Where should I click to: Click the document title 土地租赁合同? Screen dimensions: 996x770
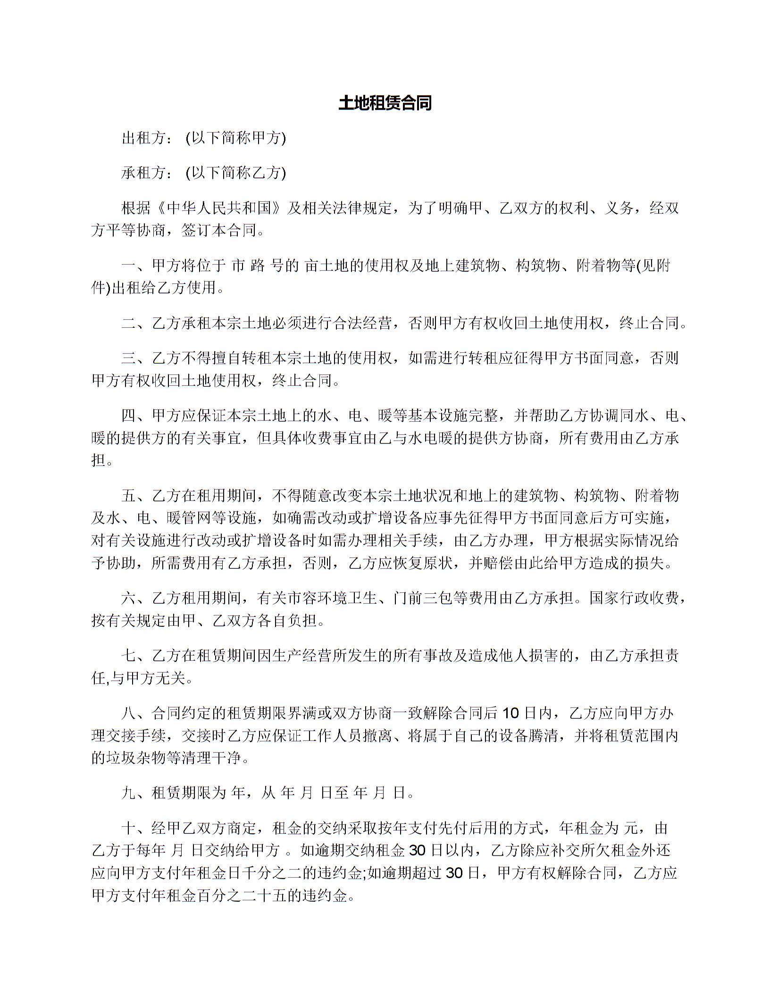[x=385, y=103]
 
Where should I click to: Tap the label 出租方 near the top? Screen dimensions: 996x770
[x=143, y=138]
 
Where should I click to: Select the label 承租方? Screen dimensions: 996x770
[x=143, y=173]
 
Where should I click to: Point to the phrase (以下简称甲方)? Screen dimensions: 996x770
[x=236, y=138]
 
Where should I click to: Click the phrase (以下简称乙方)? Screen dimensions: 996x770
[x=236, y=173]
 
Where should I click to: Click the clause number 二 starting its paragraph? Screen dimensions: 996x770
[x=128, y=324]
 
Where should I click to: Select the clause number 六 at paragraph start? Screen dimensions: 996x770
[x=128, y=598]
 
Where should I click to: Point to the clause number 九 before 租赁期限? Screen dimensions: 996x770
[x=128, y=793]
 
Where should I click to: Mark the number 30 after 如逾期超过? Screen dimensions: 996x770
[x=454, y=873]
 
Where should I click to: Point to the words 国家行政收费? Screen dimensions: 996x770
[x=634, y=598]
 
